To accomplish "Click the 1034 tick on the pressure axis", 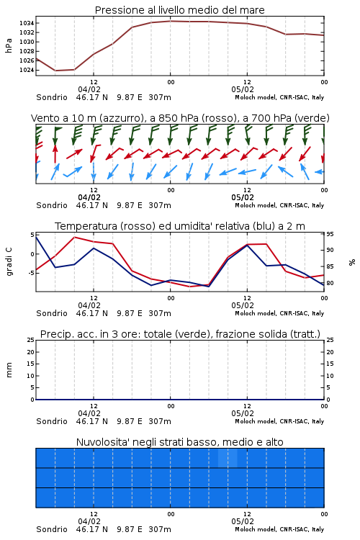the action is click(x=27, y=23).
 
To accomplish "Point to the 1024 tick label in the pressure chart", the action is click(x=27, y=70).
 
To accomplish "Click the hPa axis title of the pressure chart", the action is click(x=9, y=45).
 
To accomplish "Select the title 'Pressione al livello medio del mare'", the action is click(x=180, y=10).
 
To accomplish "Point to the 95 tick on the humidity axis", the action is click(x=330, y=234).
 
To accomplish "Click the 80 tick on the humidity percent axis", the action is click(x=330, y=283).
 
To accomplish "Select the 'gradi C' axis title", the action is click(x=9, y=262).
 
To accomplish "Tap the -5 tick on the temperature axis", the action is click(x=31, y=273).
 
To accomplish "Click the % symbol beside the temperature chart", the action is click(x=352, y=262).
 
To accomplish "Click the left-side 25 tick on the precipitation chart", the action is click(x=31, y=340).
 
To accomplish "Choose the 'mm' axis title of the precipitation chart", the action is click(x=9, y=370).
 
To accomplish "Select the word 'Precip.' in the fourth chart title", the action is click(x=54, y=334).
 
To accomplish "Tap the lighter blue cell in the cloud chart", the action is click(x=228, y=458).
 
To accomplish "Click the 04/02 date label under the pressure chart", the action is click(x=89, y=89).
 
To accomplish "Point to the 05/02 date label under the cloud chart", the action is click(x=243, y=521).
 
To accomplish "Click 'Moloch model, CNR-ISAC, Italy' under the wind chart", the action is click(x=279, y=206).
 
